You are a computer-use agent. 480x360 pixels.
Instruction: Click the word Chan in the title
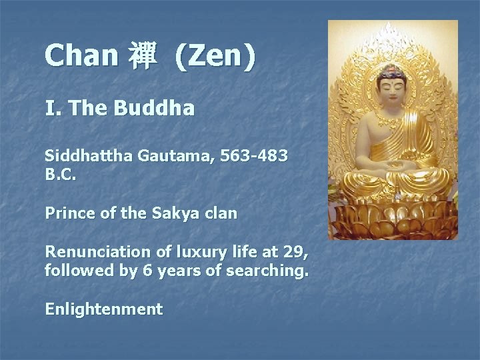click(81, 56)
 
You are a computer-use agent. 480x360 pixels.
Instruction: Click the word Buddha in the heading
click(154, 107)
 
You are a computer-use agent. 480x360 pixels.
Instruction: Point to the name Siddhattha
click(89, 157)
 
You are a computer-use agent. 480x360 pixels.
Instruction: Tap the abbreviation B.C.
click(61, 177)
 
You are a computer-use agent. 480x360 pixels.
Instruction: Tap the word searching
click(271, 271)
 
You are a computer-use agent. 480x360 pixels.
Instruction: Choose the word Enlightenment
click(103, 309)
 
